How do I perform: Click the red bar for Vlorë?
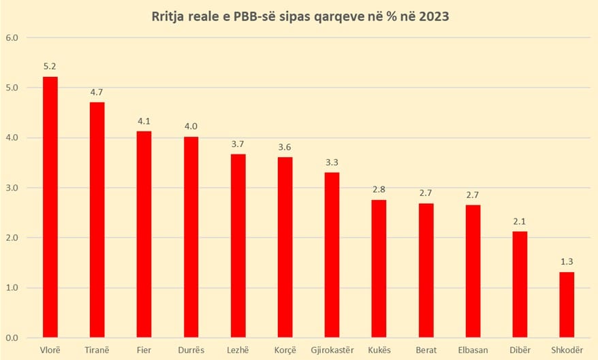[50, 207]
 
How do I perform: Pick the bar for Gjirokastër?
[332, 255]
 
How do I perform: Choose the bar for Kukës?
[379, 268]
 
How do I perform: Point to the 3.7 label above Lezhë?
[238, 145]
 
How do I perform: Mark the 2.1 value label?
[520, 223]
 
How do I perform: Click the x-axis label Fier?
[144, 350]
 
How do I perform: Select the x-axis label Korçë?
[285, 350]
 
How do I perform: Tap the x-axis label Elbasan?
[473, 350]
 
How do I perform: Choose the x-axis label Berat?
[426, 350]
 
